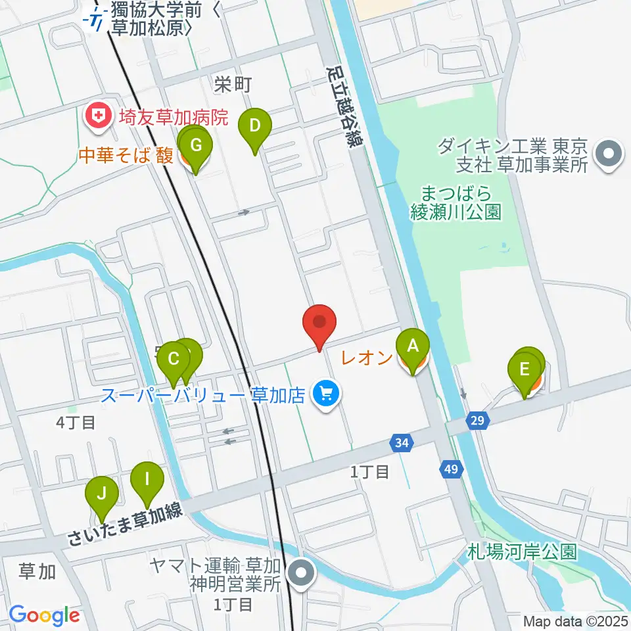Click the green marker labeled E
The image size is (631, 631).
pos(525,369)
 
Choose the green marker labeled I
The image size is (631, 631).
pos(147,480)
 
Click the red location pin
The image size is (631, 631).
pos(319,323)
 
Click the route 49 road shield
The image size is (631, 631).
pos(450,469)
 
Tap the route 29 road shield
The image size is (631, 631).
pos(478,419)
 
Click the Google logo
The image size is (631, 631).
pos(44,615)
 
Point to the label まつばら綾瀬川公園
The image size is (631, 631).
pos(456,203)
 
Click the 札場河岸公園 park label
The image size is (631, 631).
pos(523,551)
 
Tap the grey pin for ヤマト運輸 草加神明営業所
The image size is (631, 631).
pos(302,573)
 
